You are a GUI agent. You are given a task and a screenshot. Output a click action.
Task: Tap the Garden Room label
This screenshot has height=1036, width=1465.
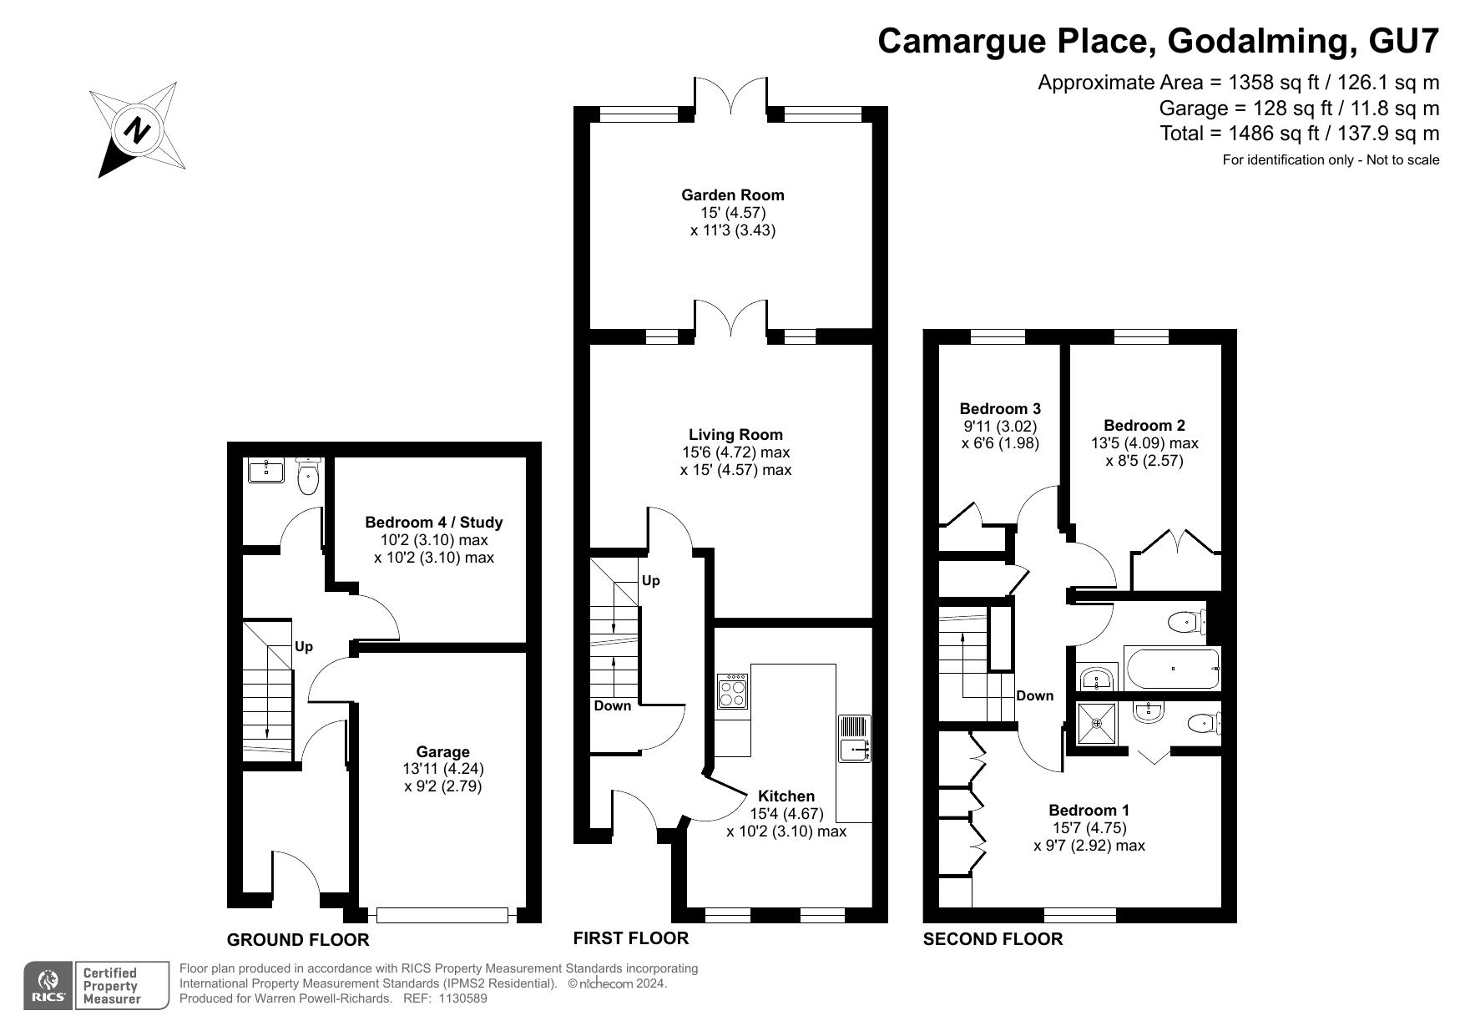[733, 195]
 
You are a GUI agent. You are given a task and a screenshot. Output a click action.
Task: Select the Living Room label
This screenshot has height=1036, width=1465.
[735, 434]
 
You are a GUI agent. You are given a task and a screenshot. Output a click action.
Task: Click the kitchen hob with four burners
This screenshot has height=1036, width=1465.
[732, 692]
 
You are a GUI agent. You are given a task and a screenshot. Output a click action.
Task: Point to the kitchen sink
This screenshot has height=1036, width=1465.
[855, 739]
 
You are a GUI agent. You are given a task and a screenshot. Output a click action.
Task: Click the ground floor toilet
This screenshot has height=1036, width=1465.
[308, 475]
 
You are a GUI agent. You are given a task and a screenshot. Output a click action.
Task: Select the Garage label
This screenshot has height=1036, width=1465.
[442, 751]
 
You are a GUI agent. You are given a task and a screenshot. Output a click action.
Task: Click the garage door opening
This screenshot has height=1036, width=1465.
[442, 915]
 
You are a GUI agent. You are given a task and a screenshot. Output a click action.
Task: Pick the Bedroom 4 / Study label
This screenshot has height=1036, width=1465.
[434, 523]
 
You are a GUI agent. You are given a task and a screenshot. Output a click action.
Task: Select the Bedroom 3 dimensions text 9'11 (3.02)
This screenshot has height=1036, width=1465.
[1000, 426]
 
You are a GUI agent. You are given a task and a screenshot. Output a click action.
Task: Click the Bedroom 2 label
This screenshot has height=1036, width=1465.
[1144, 426]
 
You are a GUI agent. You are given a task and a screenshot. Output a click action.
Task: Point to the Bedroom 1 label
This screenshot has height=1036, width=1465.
[1089, 811]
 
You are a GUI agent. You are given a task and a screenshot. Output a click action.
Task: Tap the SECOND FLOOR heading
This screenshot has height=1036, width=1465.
[993, 939]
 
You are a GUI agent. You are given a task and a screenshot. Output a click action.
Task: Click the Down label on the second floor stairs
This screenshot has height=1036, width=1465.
[1034, 695]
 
